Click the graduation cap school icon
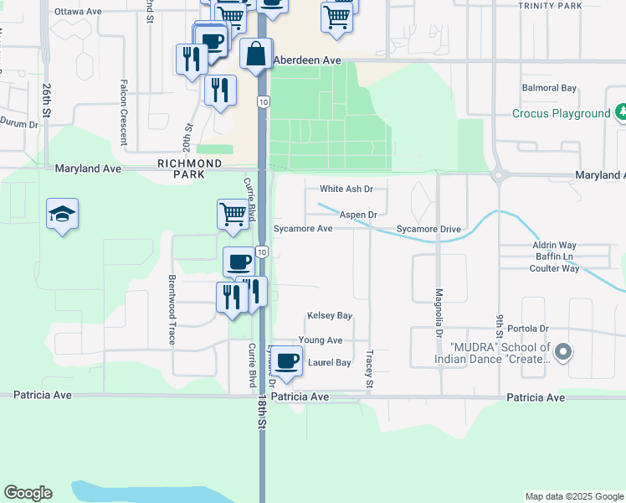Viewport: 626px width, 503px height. coord(63,215)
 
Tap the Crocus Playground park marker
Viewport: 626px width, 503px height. coord(620,111)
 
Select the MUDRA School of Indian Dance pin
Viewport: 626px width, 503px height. coord(563,352)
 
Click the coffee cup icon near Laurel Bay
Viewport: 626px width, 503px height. coord(286,360)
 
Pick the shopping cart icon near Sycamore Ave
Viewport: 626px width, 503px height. coord(233,213)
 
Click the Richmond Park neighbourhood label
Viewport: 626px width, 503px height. coord(190,169)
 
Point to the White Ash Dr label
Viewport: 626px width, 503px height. coord(346,189)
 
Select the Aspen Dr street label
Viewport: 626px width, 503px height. coord(358,215)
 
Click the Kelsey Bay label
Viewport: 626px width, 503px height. coord(330,315)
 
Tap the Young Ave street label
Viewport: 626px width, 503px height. coord(321,340)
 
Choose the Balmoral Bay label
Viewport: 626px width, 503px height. coord(549,88)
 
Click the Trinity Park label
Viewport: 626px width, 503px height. coord(549,6)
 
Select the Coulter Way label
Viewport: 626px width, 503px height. coord(554,268)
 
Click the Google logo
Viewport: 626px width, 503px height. coord(28,493)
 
